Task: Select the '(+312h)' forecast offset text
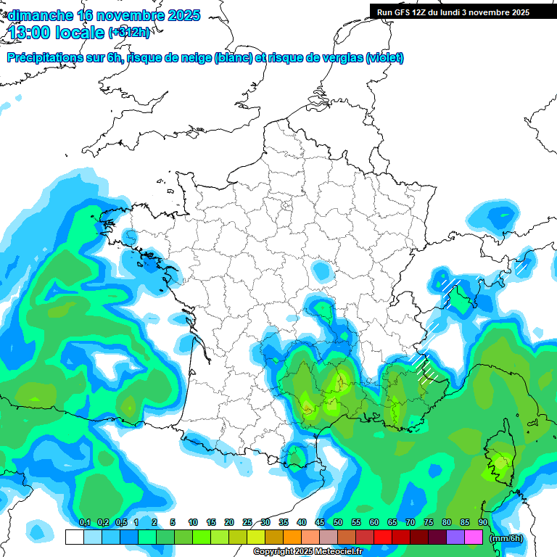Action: click(129, 33)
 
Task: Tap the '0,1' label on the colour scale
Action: click(84, 522)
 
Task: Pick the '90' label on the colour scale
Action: click(482, 522)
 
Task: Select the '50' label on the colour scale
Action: click(338, 522)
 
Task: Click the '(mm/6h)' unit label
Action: click(506, 538)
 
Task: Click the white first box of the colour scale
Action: click(74, 537)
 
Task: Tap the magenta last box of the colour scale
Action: click(474, 537)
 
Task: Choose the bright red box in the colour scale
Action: click(383, 537)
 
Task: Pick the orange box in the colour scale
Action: click(292, 537)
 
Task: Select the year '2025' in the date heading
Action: click(183, 15)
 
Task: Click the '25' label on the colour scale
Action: click(247, 522)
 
